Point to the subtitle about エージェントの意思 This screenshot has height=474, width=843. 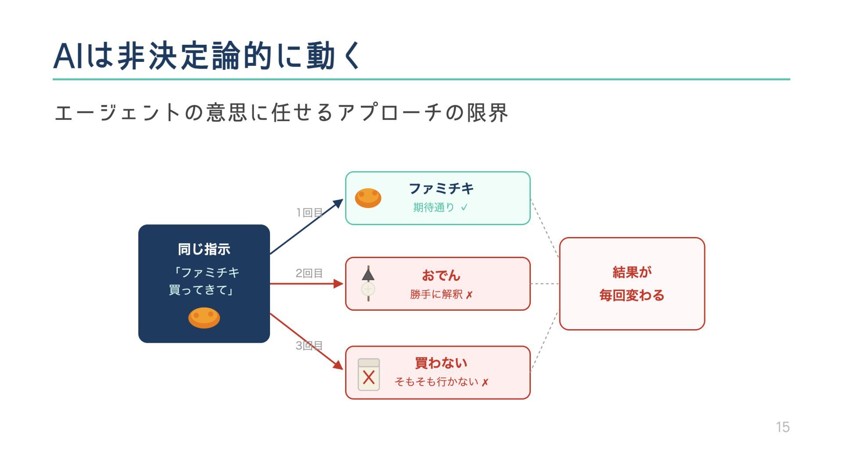281,113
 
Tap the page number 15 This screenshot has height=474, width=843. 782,427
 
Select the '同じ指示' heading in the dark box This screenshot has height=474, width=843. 204,249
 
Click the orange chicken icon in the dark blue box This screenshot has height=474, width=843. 204,318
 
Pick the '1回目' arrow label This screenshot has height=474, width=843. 309,213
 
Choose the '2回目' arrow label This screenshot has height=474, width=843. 309,273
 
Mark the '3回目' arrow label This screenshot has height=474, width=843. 309,346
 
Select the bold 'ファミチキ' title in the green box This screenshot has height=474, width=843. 441,189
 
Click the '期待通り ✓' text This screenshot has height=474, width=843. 440,207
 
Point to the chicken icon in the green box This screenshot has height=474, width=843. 368,198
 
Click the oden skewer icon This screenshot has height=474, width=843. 368,284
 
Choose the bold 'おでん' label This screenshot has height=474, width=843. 441,276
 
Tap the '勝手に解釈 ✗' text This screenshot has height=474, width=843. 441,294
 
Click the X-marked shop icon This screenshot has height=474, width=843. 369,374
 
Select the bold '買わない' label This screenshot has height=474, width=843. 441,363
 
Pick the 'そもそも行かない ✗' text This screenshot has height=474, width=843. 441,382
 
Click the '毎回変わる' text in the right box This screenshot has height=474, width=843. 632,295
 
